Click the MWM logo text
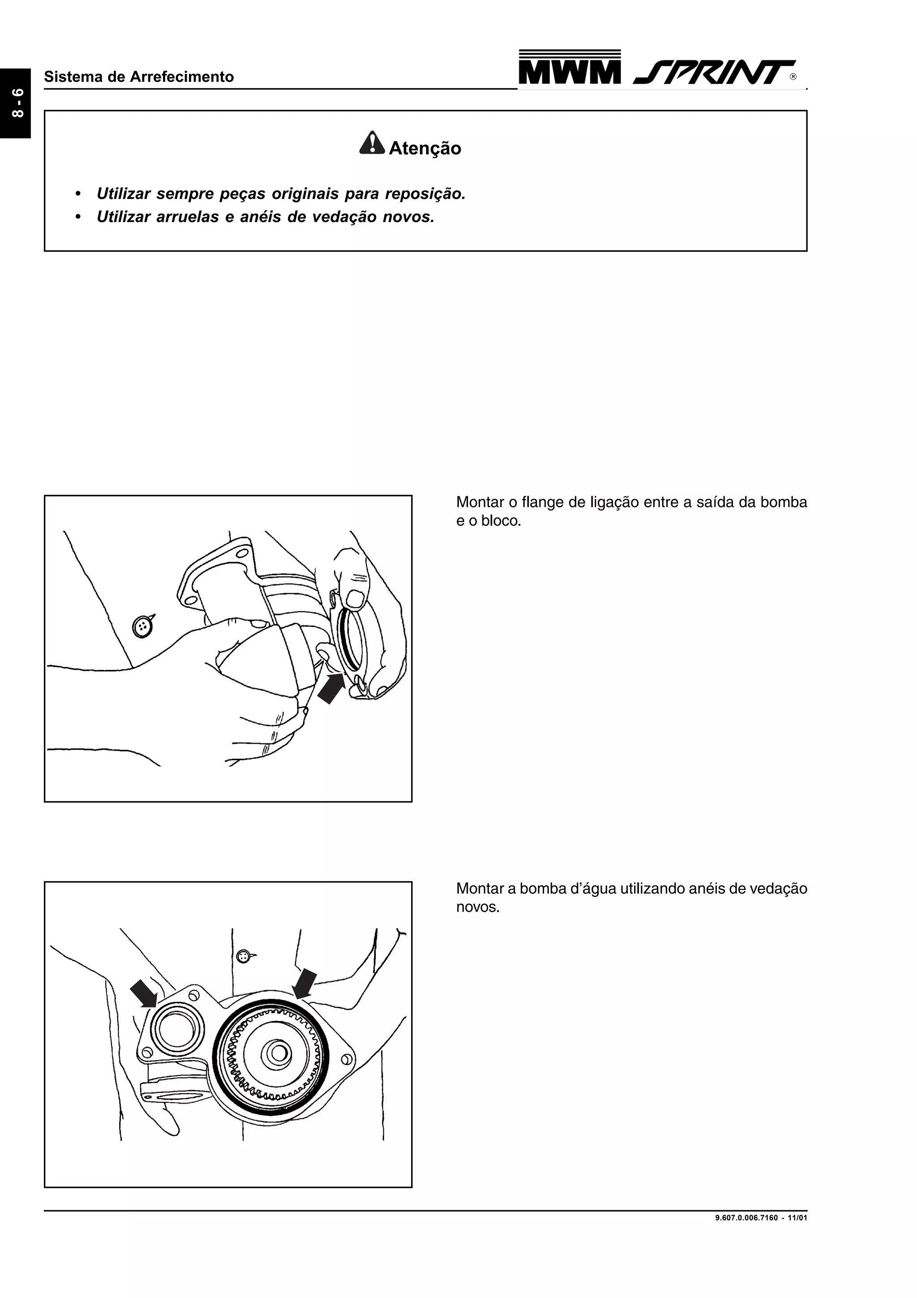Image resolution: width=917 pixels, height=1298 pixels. [x=569, y=72]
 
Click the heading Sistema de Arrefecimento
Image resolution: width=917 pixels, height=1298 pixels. [x=138, y=77]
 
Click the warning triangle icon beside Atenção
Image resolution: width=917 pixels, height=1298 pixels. [x=372, y=144]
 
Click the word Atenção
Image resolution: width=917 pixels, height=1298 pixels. [x=425, y=148]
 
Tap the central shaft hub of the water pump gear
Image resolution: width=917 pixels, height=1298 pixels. [x=278, y=1053]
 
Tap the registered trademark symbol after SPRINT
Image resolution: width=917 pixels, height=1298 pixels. [x=793, y=77]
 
